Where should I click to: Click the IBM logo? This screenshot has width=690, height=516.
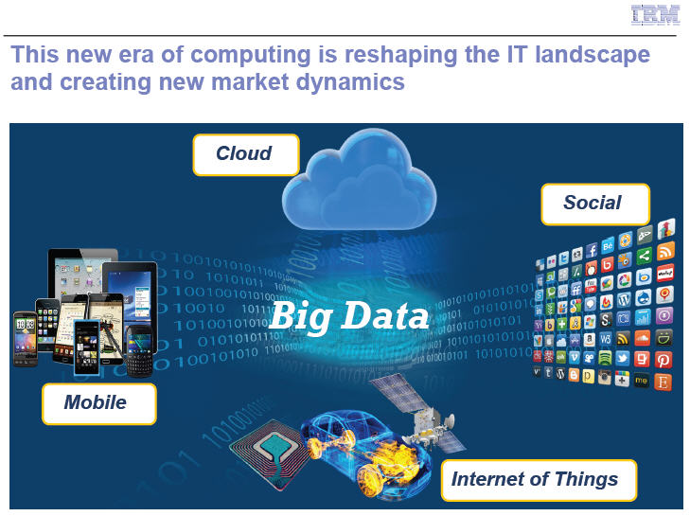(655, 15)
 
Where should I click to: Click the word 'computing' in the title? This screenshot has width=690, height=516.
(251, 55)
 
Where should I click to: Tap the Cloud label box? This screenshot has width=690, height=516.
(246, 154)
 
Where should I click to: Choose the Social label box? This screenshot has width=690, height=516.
(595, 204)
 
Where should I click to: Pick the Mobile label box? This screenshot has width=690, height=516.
(99, 403)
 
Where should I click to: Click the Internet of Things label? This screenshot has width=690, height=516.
(539, 480)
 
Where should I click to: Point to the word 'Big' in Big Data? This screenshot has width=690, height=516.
(301, 316)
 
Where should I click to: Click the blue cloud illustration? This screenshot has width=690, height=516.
(359, 182)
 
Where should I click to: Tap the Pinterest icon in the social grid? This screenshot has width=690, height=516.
(663, 360)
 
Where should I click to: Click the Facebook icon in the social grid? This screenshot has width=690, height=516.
(592, 250)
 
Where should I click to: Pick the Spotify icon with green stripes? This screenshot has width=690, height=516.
(605, 358)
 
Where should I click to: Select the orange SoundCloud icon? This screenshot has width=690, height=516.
(642, 339)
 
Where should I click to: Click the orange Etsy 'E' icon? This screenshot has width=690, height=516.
(663, 382)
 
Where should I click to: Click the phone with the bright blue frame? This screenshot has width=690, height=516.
(86, 347)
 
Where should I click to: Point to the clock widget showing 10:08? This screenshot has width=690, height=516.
(26, 325)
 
